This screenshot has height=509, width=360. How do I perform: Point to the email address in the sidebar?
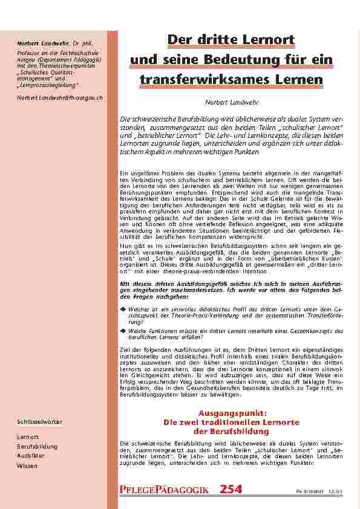(x=60, y=97)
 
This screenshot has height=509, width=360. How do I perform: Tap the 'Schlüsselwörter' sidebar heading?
(x=40, y=421)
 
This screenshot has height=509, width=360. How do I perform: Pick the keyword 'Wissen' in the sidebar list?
(x=27, y=466)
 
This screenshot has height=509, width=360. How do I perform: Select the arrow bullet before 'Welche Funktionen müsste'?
(x=123, y=331)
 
